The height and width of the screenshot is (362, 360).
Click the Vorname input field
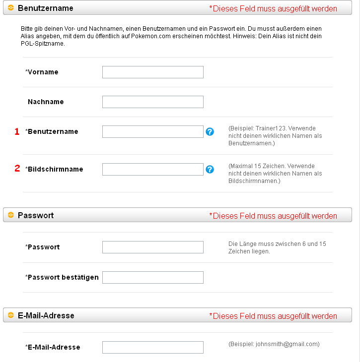point(152,72)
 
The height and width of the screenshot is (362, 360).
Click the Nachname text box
point(152,102)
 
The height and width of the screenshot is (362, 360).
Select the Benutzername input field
point(152,132)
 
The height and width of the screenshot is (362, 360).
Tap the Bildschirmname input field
point(152,170)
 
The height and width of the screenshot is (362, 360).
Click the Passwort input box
point(152,247)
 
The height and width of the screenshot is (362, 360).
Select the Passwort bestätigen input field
point(152,278)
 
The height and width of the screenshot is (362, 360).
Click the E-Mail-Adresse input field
point(152,348)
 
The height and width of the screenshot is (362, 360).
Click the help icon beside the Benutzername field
point(210,132)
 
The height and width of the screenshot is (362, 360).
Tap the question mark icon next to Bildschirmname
point(210,170)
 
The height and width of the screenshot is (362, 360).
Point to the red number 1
point(16,132)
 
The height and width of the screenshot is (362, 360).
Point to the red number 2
point(16,169)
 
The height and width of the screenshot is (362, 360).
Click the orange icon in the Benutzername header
point(11,8)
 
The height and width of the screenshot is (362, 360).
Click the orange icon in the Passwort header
point(11,216)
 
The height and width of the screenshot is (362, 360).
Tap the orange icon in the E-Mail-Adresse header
point(11,316)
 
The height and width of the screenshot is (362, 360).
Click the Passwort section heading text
point(36,216)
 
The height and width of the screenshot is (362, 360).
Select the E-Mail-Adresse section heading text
point(46,316)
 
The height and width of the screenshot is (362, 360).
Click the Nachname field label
point(46,102)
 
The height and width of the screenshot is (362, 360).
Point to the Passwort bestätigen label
point(63,278)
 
